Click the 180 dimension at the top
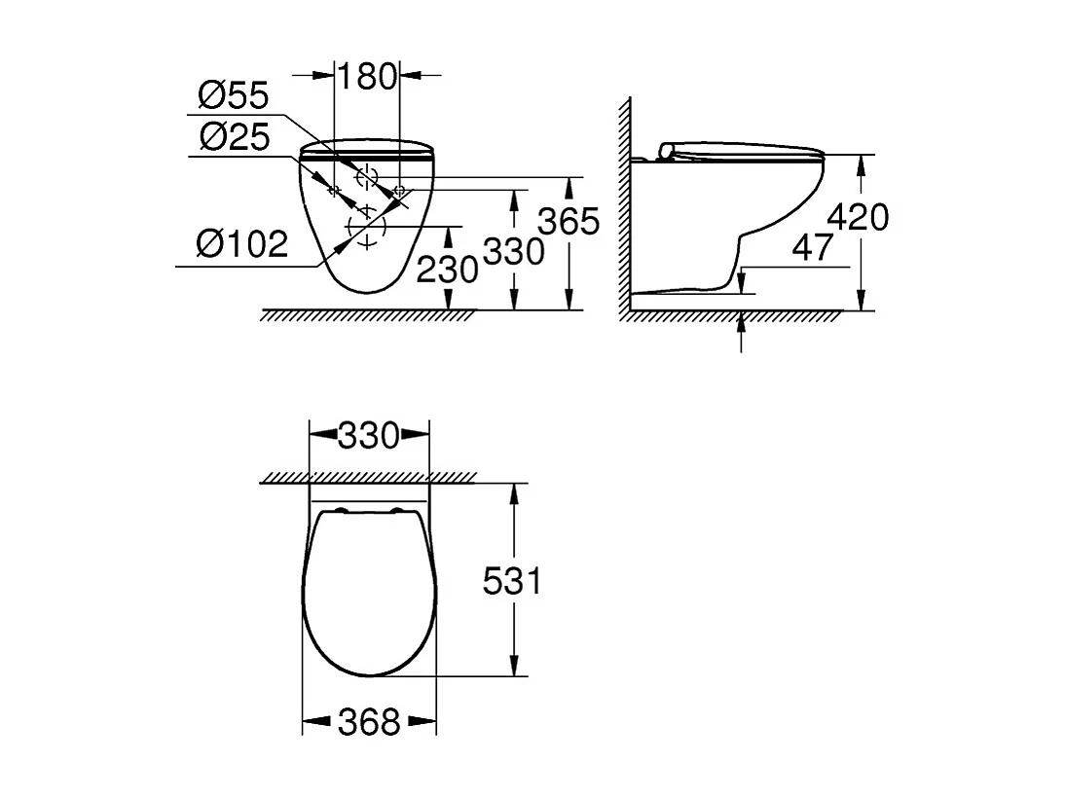tap(368, 75)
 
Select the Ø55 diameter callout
tap(233, 96)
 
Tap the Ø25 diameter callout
tap(233, 136)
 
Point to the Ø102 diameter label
tap(241, 243)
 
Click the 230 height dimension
tap(447, 268)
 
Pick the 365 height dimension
tap(569, 222)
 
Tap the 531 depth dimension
tap(512, 581)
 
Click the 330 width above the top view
tap(369, 435)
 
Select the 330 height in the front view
tap(512, 252)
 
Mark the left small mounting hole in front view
tap(334, 189)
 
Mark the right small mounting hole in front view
tap(398, 189)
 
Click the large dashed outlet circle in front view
tap(366, 231)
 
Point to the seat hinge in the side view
tap(667, 149)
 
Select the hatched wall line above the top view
tap(368, 478)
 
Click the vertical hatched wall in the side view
tap(622, 204)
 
